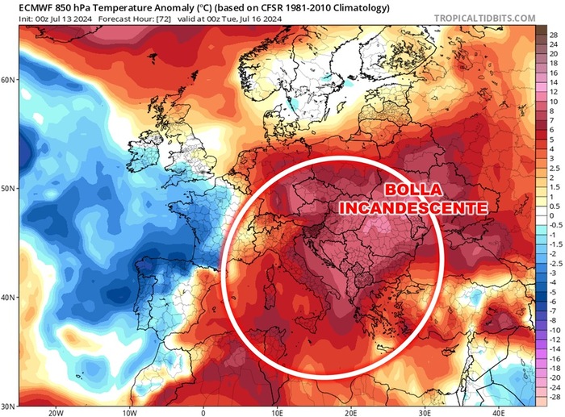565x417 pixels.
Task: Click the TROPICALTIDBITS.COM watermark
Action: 489,18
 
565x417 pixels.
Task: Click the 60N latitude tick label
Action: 10,80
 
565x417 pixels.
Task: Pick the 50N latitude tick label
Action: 10,189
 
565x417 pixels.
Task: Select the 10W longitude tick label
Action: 129,411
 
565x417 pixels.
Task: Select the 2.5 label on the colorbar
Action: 555,168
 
